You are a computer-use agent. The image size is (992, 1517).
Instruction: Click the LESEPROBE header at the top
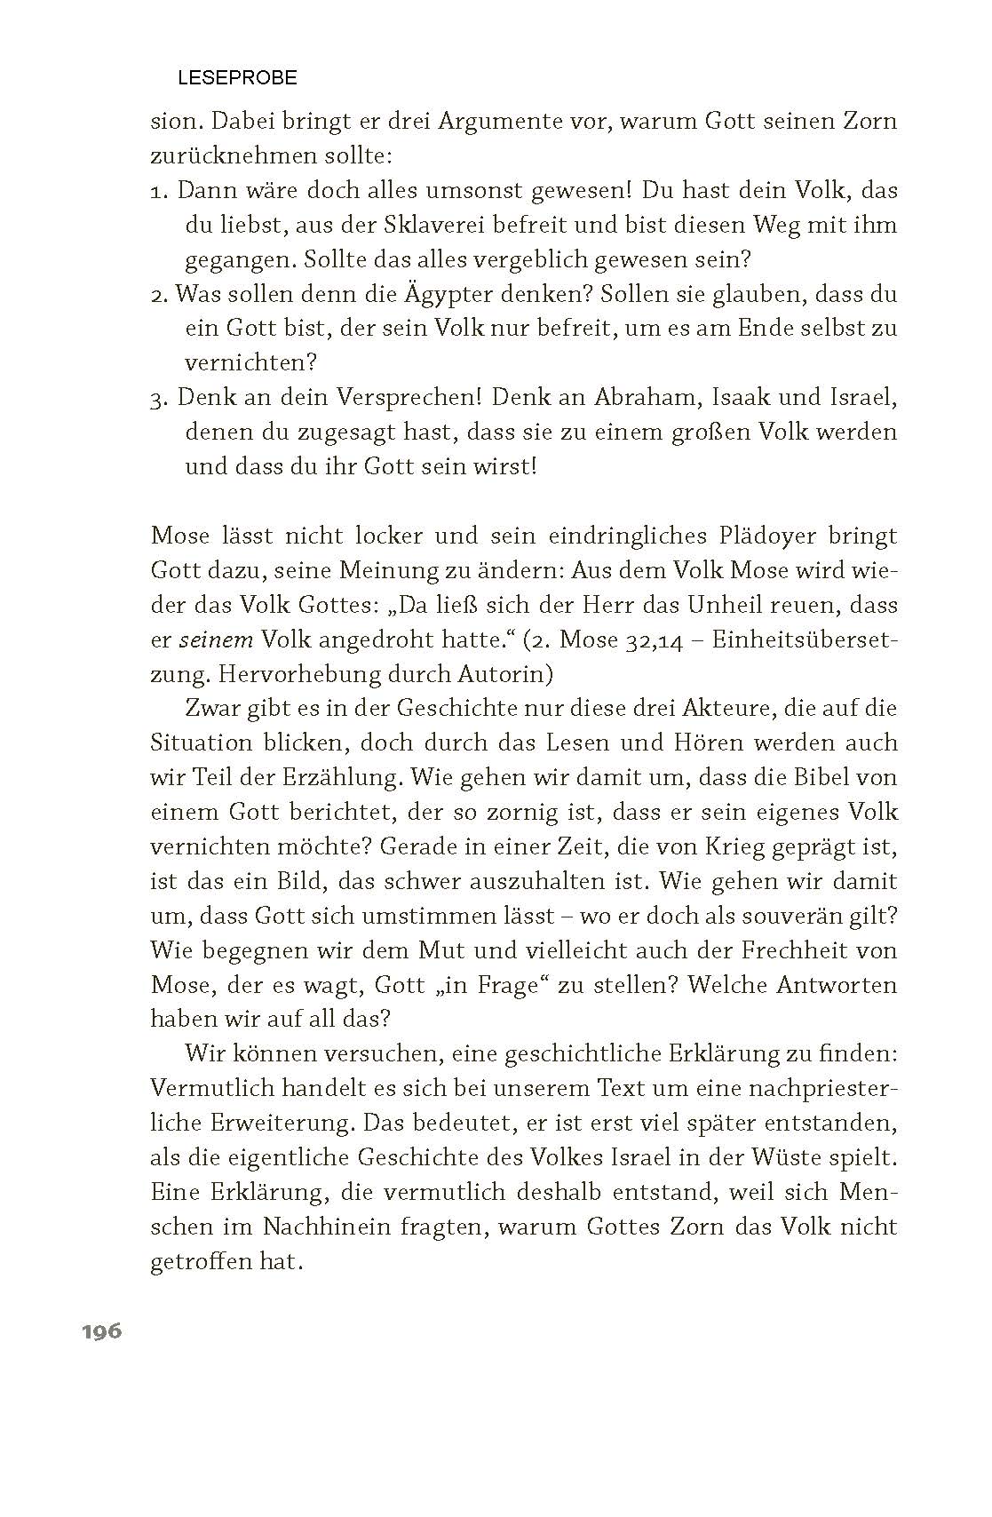237,78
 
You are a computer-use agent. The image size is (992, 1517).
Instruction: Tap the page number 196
102,1331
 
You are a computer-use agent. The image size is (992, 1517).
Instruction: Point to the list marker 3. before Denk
160,399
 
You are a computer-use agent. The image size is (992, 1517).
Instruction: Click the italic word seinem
210,640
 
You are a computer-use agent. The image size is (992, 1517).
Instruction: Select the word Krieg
734,846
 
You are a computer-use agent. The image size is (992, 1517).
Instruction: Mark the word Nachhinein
327,1227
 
